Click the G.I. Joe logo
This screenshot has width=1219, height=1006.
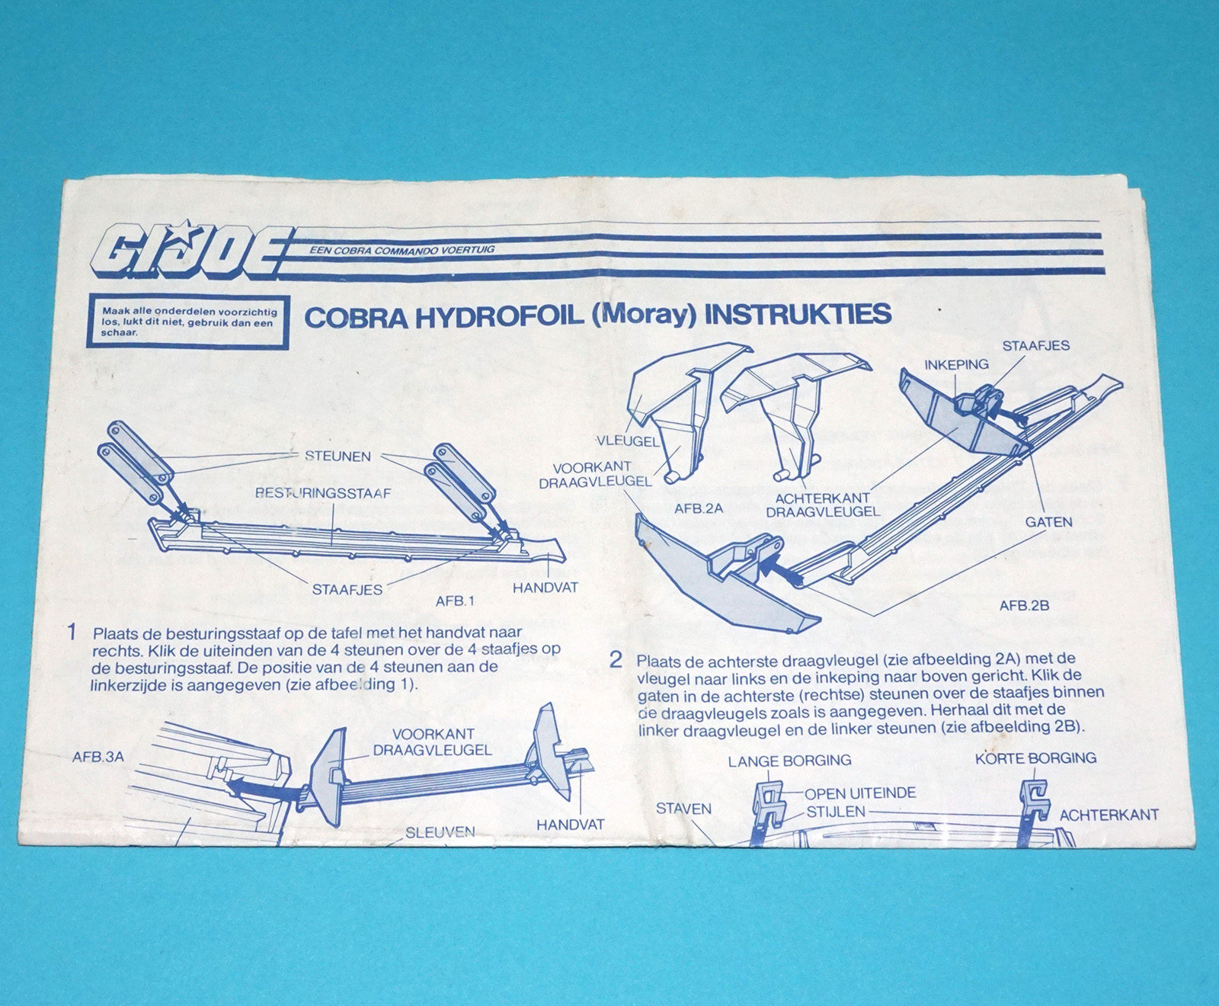coord(190,251)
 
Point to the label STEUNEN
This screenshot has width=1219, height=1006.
coord(338,457)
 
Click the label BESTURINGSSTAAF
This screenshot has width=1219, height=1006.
coord(323,493)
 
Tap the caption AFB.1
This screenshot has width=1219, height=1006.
coord(455,601)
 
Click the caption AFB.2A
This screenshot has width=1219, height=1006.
coord(699,508)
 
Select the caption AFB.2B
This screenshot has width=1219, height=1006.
coord(1025,606)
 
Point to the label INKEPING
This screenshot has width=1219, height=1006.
coord(957,364)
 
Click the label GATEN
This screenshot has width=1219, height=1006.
coord(1048,522)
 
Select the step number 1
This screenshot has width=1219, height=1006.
coord(72,632)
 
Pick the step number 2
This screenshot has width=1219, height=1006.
coord(616,660)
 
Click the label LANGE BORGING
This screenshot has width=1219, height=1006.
coord(789,761)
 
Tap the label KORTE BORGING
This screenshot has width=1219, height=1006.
coord(1036,758)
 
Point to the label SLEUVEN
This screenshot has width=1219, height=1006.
coord(440,833)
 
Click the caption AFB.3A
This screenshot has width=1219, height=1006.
coord(98,758)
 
